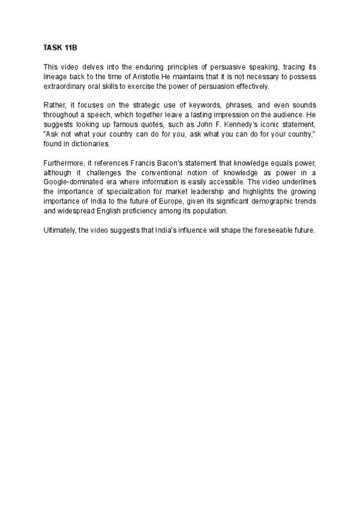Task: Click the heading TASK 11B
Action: tap(56, 46)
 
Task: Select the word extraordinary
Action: tap(63, 86)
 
